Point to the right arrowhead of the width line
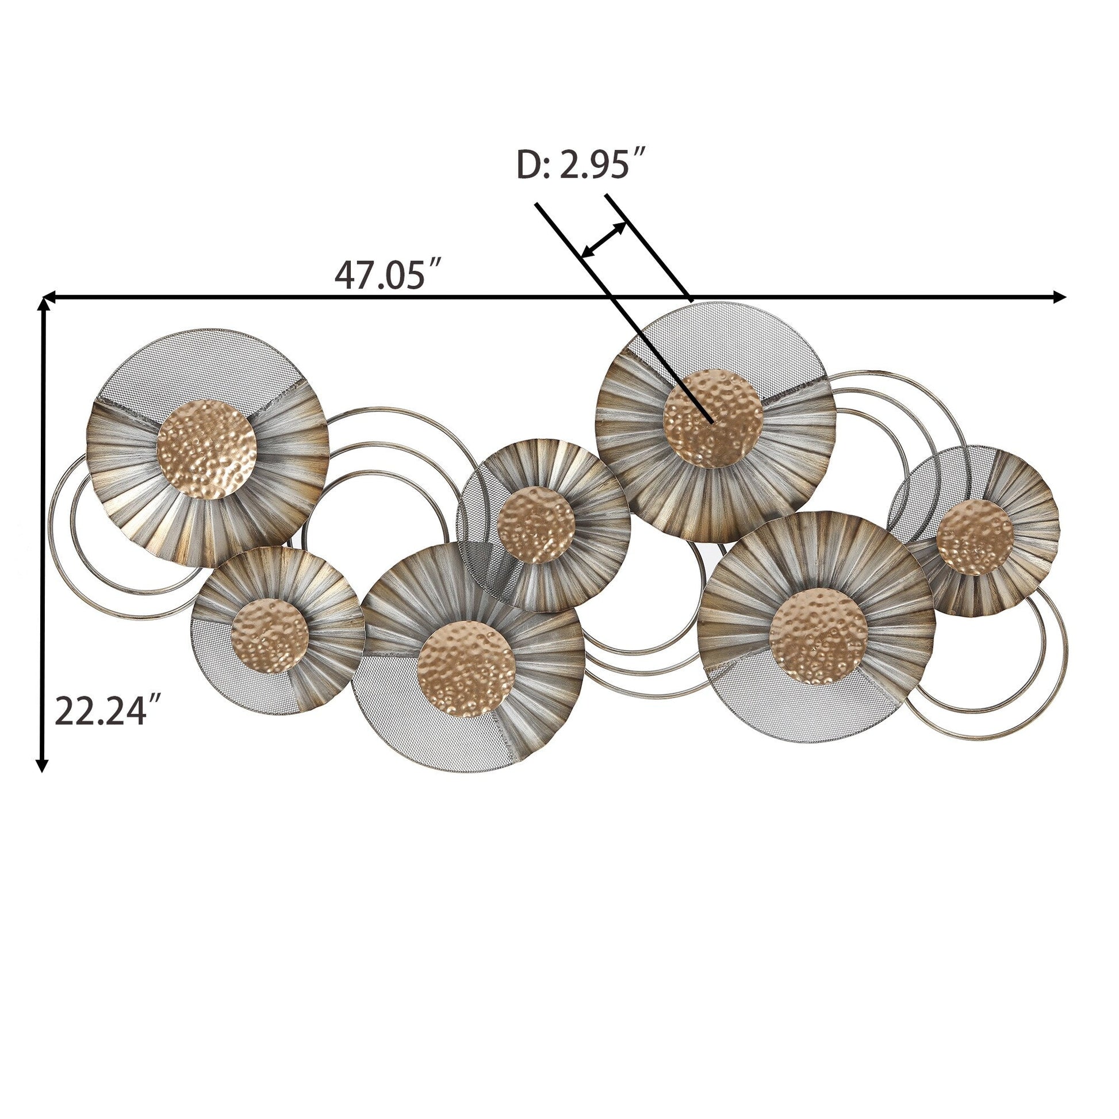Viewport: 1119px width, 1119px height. pos(1059,297)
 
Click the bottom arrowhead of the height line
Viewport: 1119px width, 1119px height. pos(41,765)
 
